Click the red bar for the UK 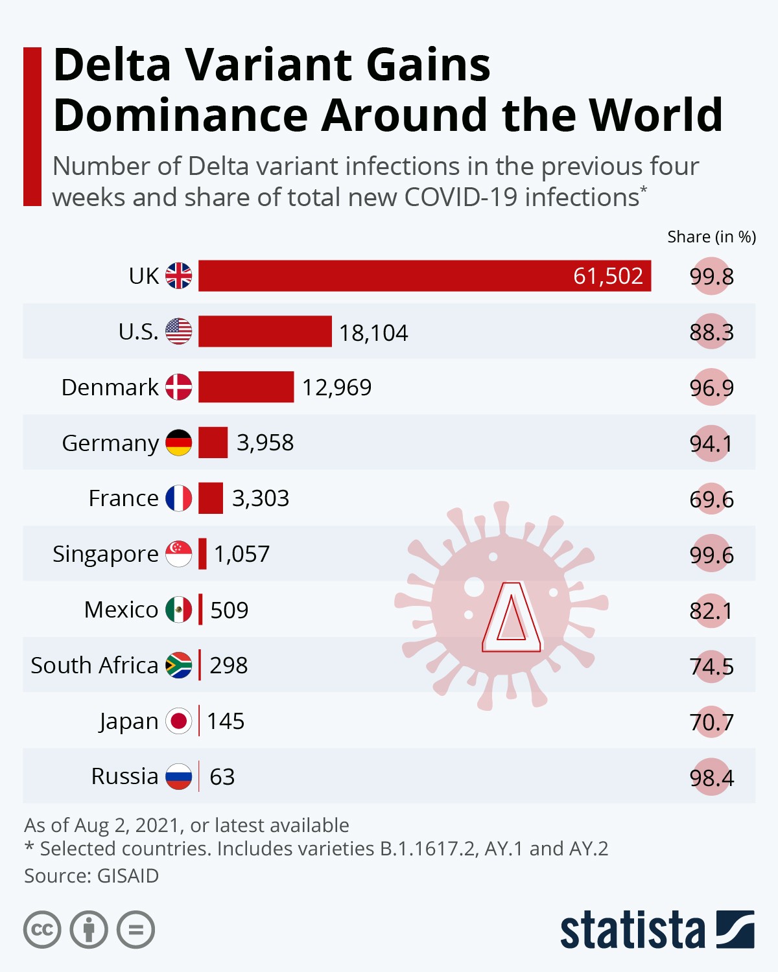pos(389,276)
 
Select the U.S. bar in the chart pos(265,332)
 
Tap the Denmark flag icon pos(178,387)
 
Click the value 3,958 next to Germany pos(265,443)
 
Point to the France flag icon pos(178,498)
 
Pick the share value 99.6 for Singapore pos(711,555)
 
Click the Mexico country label pos(121,610)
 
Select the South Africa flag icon pos(178,665)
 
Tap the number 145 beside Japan pos(226,721)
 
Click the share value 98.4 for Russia pos(711,777)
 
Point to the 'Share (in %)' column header pos(711,237)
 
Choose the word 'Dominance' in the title pos(181,115)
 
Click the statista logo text pos(632,931)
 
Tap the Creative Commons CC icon pos(43,930)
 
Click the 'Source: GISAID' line pos(91,876)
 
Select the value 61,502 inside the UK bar pos(607,276)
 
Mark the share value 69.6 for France pos(711,499)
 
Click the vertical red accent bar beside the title pos(32,126)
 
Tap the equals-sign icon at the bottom pos(136,930)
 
